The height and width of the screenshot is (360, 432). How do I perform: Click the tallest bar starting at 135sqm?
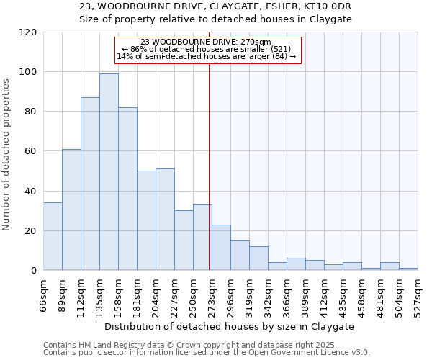coord(109,172)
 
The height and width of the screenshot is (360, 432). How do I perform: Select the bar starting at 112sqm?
coord(90,184)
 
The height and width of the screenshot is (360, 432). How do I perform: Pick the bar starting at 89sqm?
coord(71,210)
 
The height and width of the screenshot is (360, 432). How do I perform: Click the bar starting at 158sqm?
coord(127,189)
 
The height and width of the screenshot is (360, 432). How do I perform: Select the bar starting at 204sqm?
coord(165,220)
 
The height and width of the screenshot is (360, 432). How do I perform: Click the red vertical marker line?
coord(210,180)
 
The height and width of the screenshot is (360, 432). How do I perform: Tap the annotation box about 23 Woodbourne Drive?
coord(207,50)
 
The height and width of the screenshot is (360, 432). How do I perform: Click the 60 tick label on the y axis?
coord(31,151)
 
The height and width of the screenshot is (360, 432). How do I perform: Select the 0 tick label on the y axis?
coord(34,271)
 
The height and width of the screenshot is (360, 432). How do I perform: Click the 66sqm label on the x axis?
coord(44,294)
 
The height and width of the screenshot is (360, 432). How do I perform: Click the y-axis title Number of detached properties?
coord(6,155)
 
